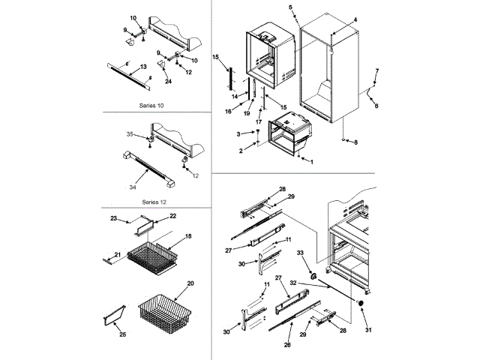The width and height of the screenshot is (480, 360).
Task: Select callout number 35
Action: pos(129,134)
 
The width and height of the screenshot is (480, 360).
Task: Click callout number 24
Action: pos(168,81)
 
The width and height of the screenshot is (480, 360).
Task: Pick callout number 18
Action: pos(188,236)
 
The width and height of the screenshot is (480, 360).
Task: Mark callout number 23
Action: pos(114,219)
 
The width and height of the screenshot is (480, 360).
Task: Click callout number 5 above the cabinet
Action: pos(290,7)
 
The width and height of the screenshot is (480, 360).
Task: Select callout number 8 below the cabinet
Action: pos(356,142)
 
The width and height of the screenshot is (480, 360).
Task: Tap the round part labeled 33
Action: pos(308,268)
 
